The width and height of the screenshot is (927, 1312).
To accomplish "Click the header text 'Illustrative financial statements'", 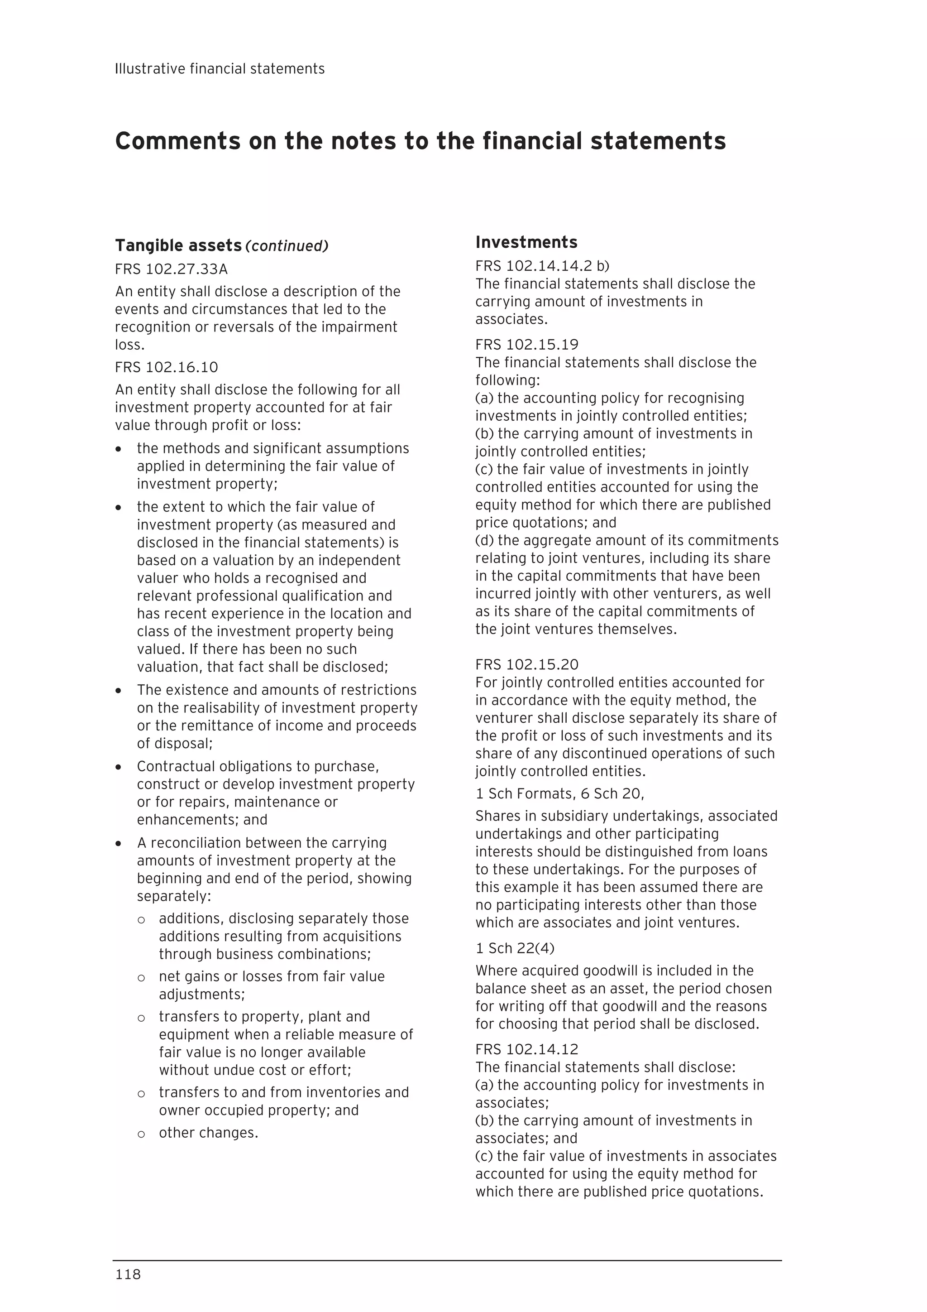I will (220, 69).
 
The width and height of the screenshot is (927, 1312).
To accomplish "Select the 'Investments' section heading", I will (526, 242).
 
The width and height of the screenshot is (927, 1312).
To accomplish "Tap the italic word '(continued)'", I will (287, 246).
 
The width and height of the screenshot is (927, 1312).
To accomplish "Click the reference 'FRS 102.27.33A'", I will (172, 269).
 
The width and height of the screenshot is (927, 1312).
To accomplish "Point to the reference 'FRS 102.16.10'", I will (166, 367).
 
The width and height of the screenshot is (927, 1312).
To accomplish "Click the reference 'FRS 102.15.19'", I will (526, 345).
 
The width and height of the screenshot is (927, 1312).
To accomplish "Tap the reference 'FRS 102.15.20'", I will (526, 664).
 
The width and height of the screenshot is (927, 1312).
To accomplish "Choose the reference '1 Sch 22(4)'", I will (515, 948).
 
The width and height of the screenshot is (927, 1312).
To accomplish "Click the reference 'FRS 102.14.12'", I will (526, 1049).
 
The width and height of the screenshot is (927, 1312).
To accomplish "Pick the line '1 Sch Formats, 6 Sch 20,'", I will (560, 794).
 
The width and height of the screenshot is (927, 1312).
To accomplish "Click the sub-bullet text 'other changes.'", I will (209, 1133).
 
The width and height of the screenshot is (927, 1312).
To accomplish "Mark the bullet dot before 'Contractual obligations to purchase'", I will (119, 767).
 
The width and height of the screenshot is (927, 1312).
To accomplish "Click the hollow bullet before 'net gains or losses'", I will (141, 978).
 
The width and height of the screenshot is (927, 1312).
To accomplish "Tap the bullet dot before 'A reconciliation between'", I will (119, 843).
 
